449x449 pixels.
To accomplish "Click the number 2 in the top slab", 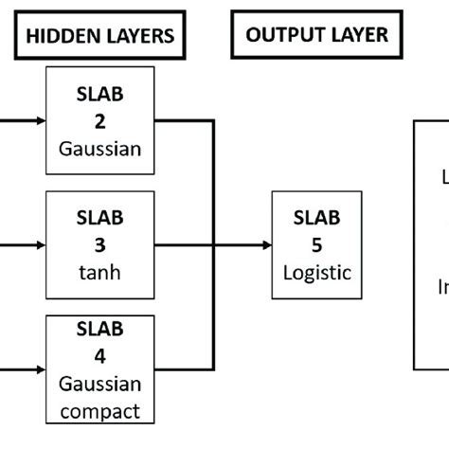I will [x=99, y=121].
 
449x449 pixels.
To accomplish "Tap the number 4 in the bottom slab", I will [x=99, y=357].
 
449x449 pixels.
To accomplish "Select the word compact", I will [x=99, y=412].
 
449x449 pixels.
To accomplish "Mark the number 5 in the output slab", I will [x=317, y=244].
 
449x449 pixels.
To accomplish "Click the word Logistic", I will [x=317, y=273].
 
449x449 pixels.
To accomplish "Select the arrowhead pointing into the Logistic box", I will [x=265, y=244].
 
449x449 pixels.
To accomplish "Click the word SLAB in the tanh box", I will [x=99, y=220].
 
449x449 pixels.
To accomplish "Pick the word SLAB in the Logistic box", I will [x=317, y=219].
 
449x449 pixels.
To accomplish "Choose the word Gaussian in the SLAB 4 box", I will [x=99, y=385].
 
